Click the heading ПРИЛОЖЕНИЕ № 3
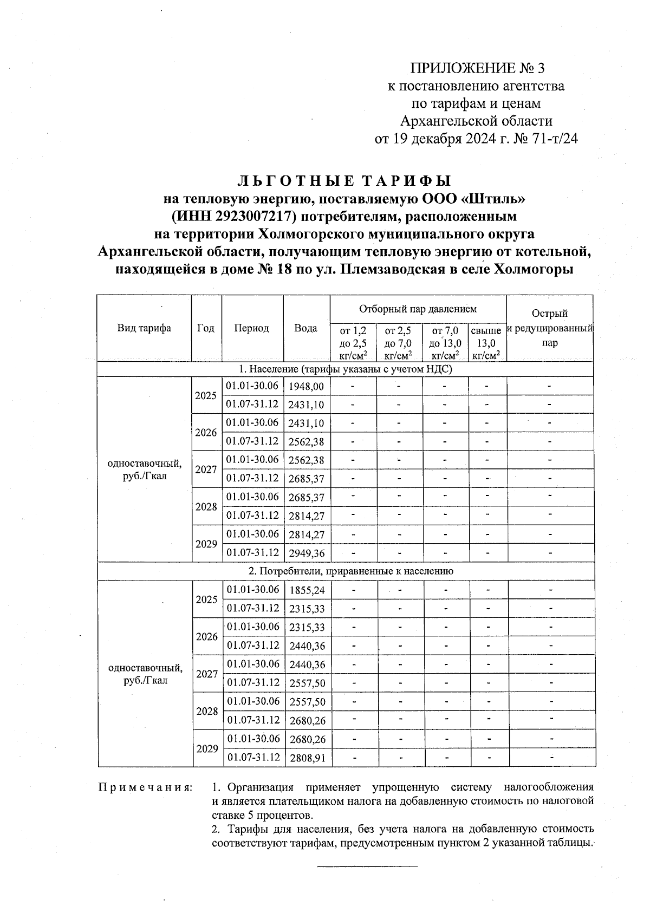tap(476, 68)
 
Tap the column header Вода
tap(306, 328)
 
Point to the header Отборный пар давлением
tap(418, 309)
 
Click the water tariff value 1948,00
tap(307, 386)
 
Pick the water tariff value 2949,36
tap(307, 553)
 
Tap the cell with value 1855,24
tap(307, 590)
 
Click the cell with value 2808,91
tap(307, 758)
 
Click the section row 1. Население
tap(346, 369)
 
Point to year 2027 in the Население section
tap(206, 470)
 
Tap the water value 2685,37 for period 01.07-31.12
tap(307, 479)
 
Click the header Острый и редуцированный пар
tap(549, 328)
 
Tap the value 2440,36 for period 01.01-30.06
tap(307, 664)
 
